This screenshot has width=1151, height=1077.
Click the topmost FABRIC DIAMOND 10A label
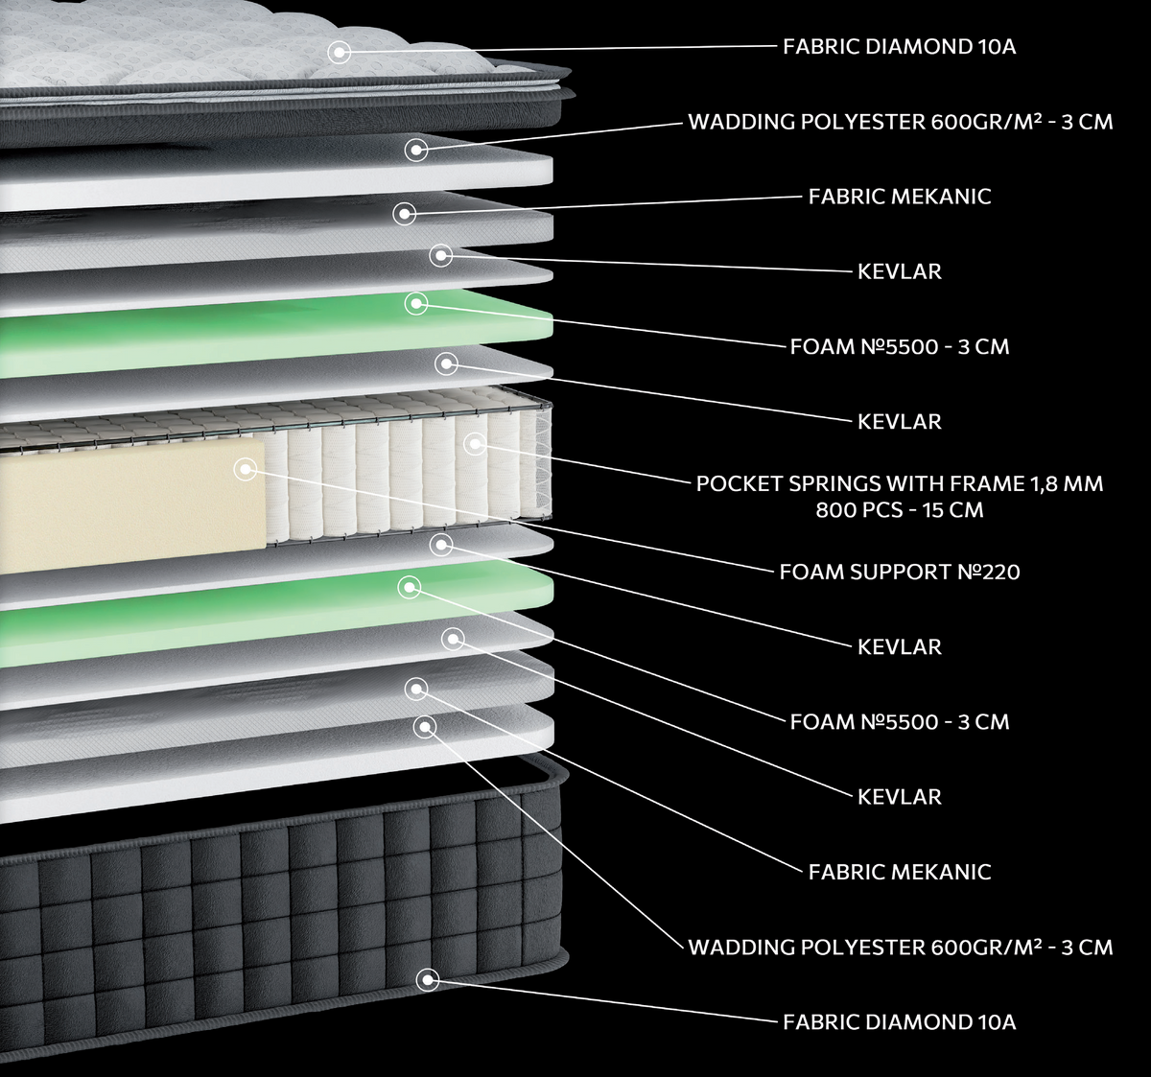[x=900, y=47]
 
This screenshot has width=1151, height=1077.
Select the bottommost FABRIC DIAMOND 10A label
[x=900, y=1022]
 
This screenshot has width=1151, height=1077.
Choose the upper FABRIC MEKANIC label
[x=900, y=197]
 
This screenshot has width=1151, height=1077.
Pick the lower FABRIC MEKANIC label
[x=900, y=872]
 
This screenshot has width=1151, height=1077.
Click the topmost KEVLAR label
[x=900, y=271]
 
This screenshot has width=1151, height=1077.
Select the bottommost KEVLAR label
[x=900, y=796]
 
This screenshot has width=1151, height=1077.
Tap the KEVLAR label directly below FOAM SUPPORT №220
[x=900, y=646]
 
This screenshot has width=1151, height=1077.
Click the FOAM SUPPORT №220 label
[x=900, y=572]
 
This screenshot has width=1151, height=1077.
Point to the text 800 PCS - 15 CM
[x=900, y=510]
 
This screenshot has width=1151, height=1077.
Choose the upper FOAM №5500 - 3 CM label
[x=900, y=346]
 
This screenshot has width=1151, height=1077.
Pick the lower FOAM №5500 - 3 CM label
[x=900, y=721]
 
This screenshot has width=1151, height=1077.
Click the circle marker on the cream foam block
[x=246, y=470]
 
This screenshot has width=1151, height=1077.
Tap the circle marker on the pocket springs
[x=475, y=444]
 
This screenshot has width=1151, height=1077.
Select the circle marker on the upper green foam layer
[x=416, y=303]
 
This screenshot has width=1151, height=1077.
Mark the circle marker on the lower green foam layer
[x=410, y=587]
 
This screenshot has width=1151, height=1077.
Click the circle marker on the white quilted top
[x=339, y=52]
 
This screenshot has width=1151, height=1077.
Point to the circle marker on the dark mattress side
[x=428, y=980]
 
